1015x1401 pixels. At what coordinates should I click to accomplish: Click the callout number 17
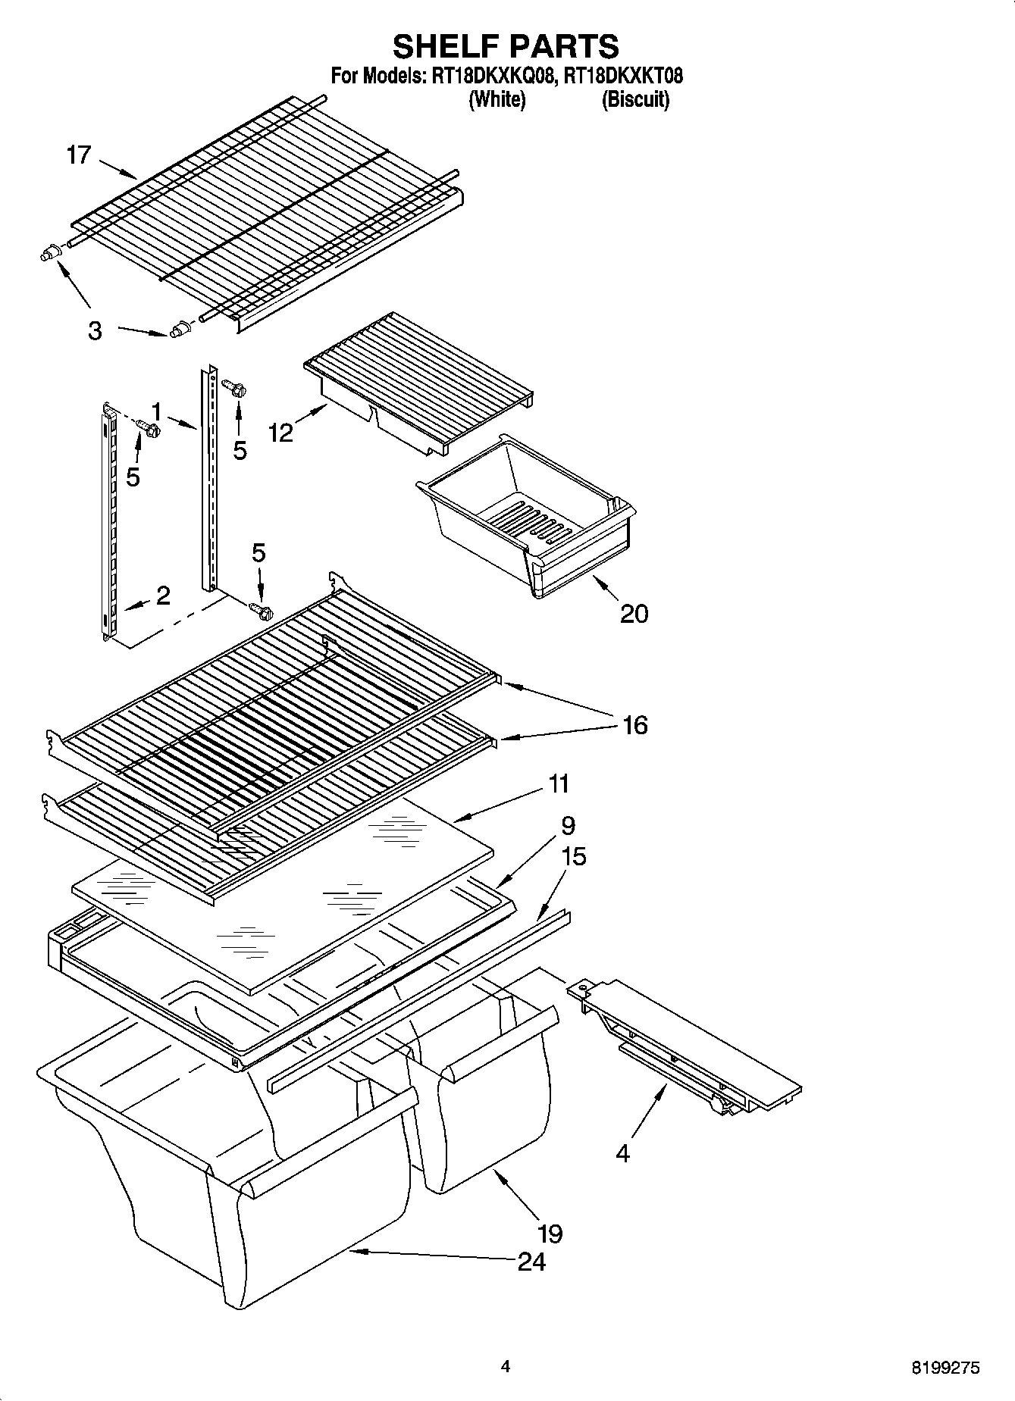click(x=79, y=155)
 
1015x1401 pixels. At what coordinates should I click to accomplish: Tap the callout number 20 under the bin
click(x=634, y=612)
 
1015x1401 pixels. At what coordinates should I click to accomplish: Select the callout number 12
click(x=280, y=433)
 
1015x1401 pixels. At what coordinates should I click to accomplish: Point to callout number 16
click(x=635, y=725)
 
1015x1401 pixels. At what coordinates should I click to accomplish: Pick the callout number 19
click(x=550, y=1234)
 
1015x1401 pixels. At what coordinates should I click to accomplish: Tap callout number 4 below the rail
click(x=622, y=1154)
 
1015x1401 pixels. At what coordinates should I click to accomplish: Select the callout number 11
click(x=558, y=783)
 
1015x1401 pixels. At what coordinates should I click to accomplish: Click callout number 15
click(x=574, y=856)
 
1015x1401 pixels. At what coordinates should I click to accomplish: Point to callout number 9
click(x=569, y=825)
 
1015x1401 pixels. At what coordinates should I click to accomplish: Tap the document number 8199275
click(x=945, y=1368)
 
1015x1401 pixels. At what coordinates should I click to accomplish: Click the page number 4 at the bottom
click(x=506, y=1366)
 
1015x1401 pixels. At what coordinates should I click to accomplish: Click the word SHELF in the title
click(x=446, y=46)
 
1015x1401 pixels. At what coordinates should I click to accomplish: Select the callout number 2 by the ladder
click(x=163, y=596)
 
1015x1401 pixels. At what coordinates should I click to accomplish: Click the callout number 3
click(x=94, y=331)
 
